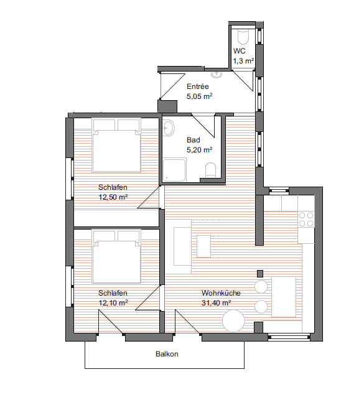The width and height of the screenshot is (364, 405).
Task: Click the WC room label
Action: [239, 50]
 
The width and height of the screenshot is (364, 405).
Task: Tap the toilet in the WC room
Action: [243, 37]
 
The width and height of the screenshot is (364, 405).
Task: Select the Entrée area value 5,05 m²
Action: [200, 96]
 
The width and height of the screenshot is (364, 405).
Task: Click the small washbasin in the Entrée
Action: [217, 75]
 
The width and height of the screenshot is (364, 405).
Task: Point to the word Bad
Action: [194, 140]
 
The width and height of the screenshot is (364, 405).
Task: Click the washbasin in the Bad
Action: [169, 128]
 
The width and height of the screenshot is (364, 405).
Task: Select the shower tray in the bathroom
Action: [174, 170]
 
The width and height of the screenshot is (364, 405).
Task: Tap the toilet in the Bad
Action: [210, 170]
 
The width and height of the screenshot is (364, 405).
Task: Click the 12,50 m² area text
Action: [113, 197]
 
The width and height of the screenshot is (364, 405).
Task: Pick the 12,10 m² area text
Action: [113, 303]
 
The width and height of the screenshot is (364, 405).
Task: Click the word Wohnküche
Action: [221, 293]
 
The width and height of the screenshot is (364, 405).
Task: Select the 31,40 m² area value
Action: [217, 303]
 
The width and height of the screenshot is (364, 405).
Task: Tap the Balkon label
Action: [167, 353]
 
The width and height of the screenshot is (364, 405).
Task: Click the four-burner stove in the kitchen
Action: [306, 219]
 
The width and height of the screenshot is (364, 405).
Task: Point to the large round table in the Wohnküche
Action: [233, 320]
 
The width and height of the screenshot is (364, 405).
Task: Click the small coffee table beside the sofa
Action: [204, 246]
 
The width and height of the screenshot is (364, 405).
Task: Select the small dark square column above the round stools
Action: [260, 274]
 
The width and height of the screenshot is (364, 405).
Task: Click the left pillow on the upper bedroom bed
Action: [105, 125]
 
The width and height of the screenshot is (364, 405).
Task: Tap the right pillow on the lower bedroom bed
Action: [129, 236]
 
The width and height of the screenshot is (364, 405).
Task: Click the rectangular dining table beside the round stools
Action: [284, 297]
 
